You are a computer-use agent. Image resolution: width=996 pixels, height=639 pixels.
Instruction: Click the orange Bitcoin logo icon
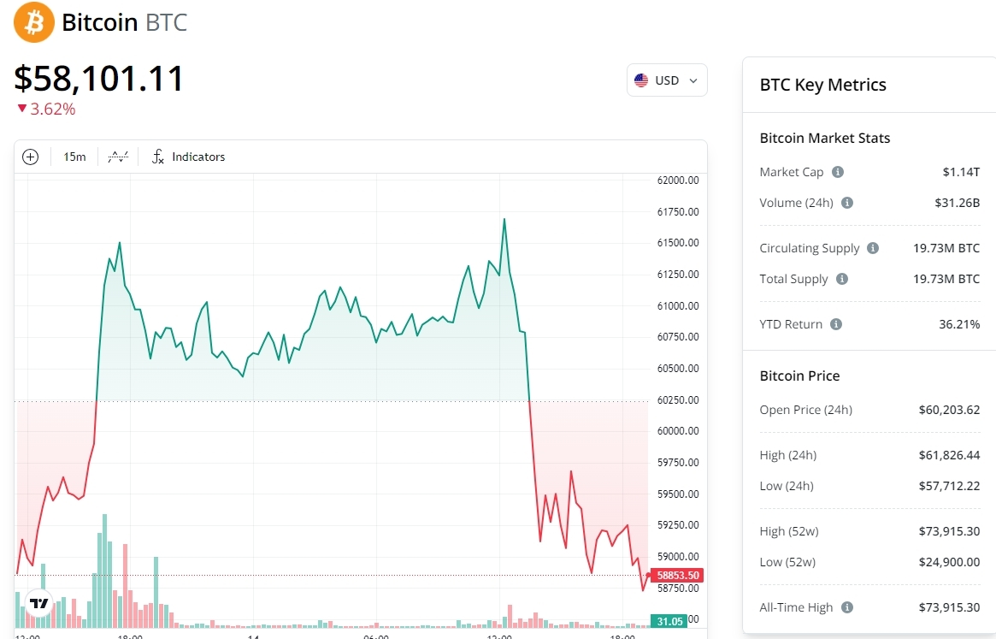coord(34,22)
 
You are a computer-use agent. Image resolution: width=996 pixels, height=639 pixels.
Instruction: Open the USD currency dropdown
coord(667,80)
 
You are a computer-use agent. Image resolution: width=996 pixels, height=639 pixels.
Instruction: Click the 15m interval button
coord(74,157)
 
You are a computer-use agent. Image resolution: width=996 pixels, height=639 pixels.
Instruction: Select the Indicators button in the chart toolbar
coord(189,157)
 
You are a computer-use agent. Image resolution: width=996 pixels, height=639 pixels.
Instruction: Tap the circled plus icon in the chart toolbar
coord(31,157)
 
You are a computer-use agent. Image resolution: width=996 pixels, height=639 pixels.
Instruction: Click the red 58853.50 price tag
coord(678,576)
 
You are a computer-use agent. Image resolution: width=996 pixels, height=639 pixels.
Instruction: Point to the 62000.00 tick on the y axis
coord(678,180)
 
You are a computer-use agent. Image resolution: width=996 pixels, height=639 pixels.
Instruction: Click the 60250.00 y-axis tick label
coord(678,399)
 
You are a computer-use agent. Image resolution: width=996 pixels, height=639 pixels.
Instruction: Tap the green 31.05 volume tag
coord(669,621)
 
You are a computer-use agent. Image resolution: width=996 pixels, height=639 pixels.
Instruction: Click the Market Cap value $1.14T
coord(961,172)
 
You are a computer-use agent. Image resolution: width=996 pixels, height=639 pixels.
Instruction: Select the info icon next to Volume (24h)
coord(847,203)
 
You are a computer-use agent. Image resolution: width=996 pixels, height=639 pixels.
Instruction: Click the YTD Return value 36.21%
coord(959,324)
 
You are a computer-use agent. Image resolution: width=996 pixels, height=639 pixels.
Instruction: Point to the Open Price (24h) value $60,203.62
coord(949,410)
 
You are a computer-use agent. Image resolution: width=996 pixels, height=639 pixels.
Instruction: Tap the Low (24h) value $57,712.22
coord(949,486)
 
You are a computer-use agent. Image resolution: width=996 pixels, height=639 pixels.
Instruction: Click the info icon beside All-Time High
coord(847,607)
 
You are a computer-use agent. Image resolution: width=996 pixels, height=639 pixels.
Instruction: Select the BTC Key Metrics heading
coord(822,85)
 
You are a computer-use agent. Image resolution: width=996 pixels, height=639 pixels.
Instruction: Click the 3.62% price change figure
coord(52,109)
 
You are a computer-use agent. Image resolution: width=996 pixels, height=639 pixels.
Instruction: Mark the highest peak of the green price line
coord(504,219)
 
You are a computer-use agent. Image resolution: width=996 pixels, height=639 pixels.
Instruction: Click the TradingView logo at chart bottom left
coord(39,603)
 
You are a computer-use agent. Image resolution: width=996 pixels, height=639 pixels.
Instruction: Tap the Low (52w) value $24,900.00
coord(949,562)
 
